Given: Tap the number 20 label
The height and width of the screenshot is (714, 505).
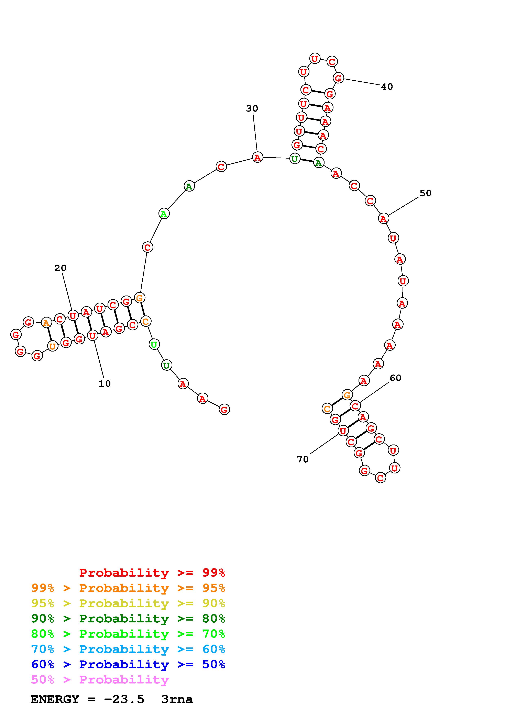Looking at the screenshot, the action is coord(60,268).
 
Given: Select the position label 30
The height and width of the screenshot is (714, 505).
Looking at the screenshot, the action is coord(252,108).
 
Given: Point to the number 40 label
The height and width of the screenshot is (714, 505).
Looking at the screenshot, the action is coord(387,87).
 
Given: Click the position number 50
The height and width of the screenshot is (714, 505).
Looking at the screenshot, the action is coord(426,193).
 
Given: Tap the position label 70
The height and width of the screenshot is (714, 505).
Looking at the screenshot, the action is coord(303,459).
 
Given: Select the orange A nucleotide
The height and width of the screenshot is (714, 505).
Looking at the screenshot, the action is coord(46,323).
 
